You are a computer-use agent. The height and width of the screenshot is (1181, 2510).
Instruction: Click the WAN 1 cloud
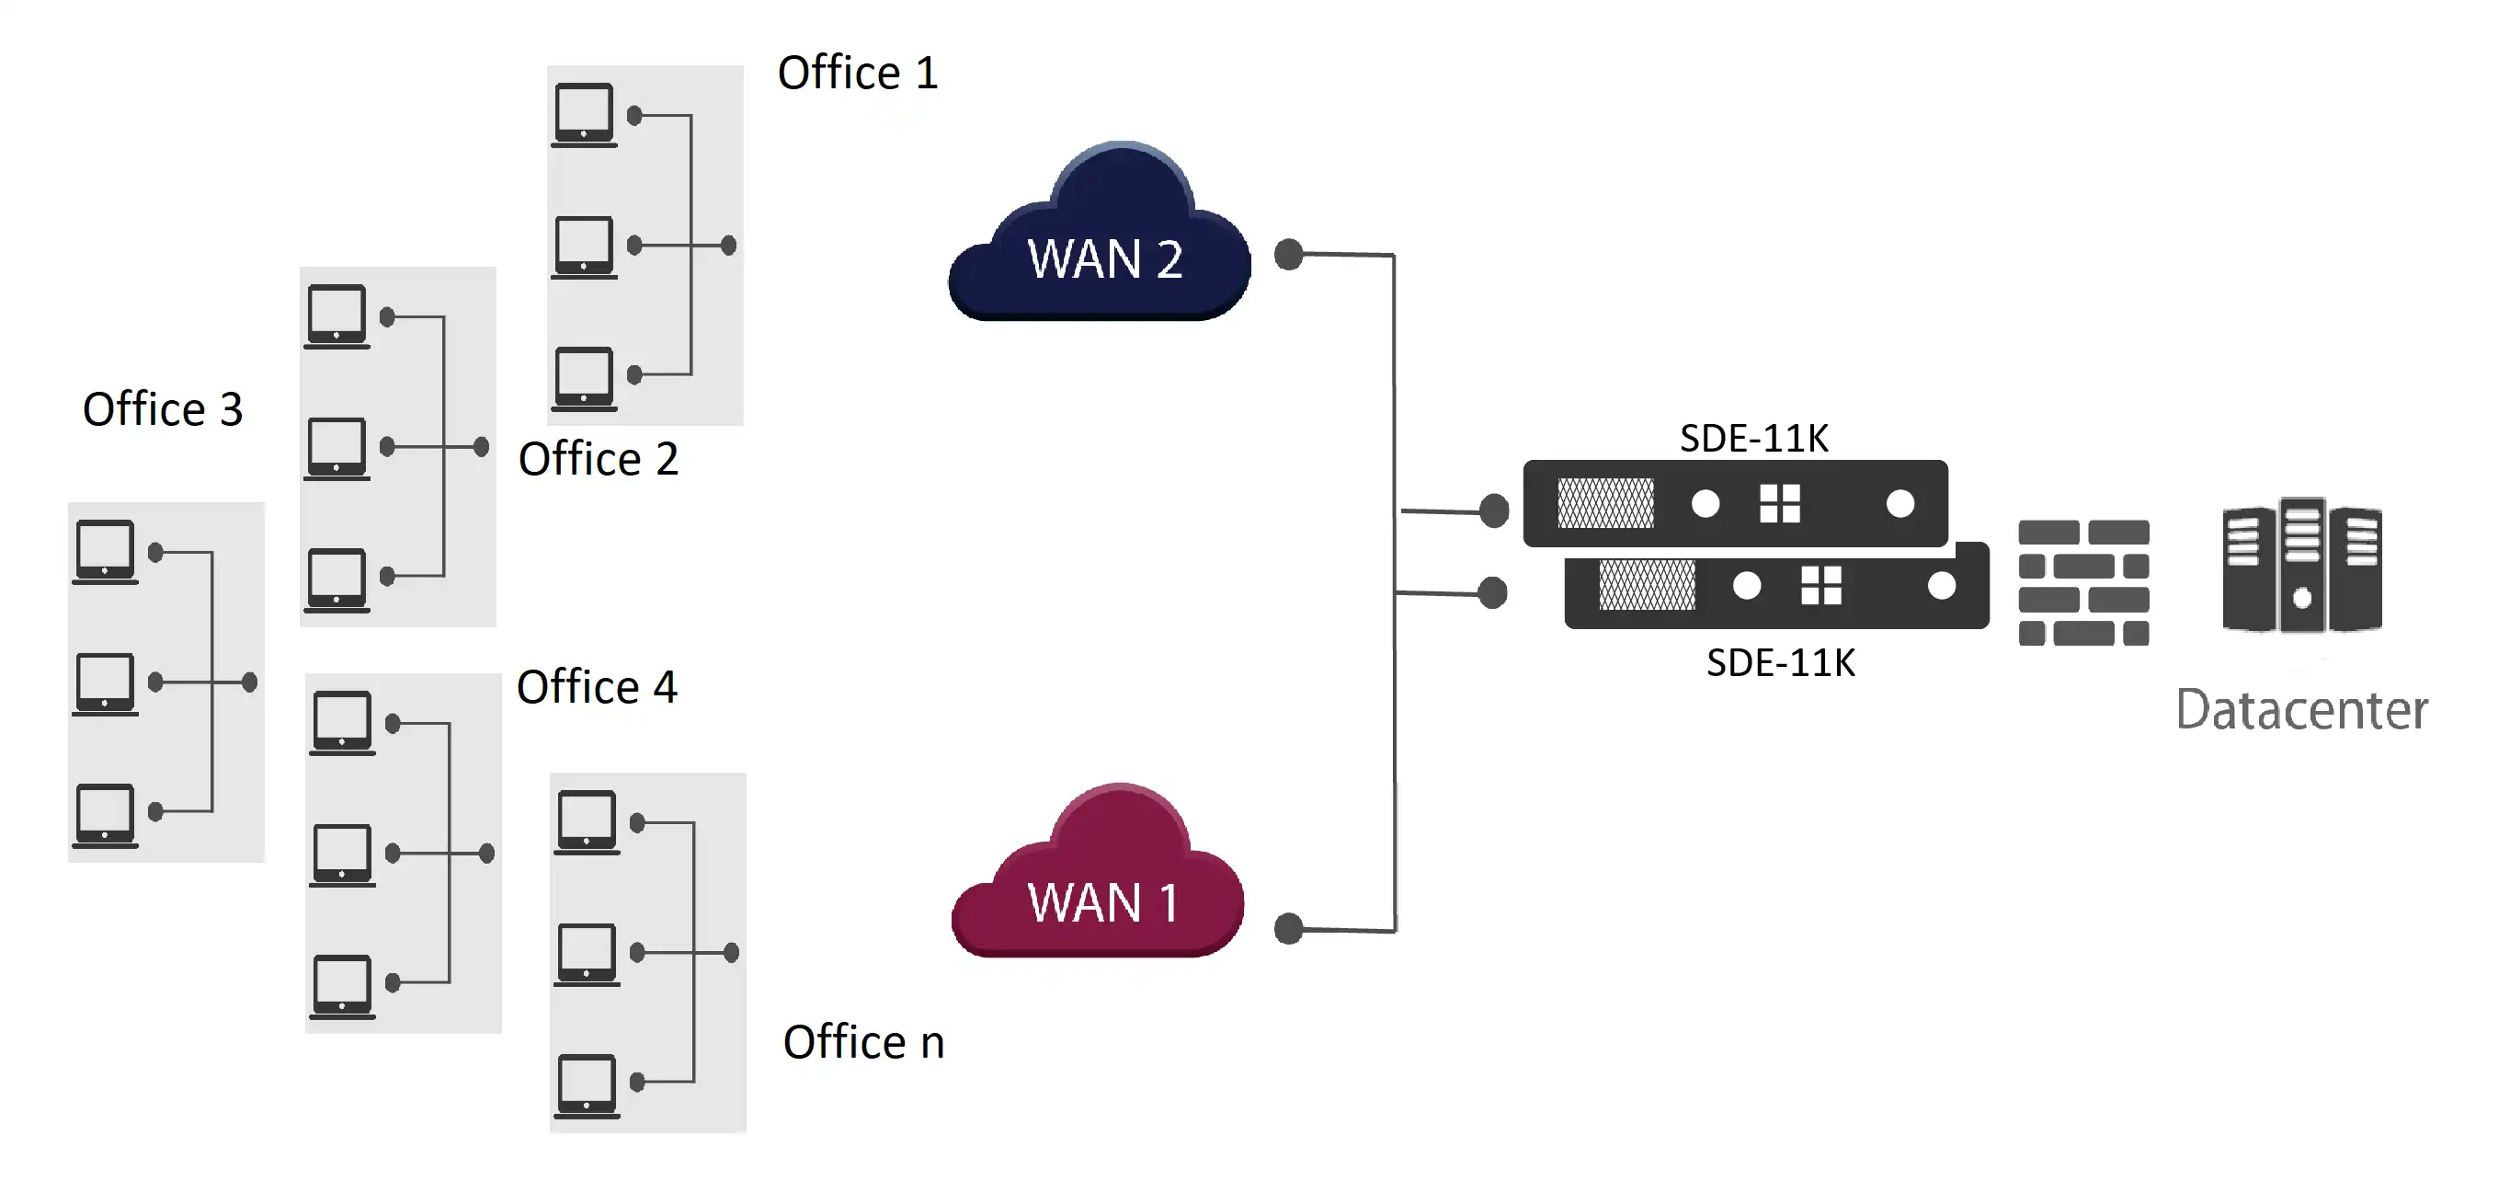tap(1098, 882)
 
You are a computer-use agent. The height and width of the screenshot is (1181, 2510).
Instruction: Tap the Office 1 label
tap(858, 73)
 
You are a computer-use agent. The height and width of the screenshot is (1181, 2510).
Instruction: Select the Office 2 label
tap(599, 459)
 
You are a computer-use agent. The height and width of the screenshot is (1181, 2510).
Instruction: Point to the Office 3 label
tap(163, 409)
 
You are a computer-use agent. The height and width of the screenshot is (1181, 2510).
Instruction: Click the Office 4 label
tap(597, 687)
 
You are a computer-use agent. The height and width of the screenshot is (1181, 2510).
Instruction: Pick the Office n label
tap(863, 1043)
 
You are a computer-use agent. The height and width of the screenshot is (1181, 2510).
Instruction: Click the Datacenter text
tap(2300, 709)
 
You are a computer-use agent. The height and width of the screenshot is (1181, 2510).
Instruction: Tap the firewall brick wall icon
tap(2083, 583)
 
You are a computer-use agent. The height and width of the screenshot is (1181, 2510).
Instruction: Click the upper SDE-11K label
tap(1754, 439)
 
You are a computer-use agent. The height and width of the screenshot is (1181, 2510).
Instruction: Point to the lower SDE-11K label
tap(1780, 663)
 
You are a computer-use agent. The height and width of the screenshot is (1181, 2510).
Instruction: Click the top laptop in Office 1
tap(584, 114)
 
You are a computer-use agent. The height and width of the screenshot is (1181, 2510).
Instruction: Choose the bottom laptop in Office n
tap(587, 1084)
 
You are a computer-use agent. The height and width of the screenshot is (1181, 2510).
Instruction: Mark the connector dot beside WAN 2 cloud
tap(1289, 255)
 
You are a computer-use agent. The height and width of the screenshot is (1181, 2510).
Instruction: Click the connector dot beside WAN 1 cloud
tap(1289, 929)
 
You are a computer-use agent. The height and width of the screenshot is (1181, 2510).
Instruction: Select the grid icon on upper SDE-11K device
tap(1779, 504)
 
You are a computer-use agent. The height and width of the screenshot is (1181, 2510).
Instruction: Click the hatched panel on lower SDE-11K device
tap(1647, 586)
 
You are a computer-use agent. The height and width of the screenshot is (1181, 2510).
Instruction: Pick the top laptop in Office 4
tap(342, 722)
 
